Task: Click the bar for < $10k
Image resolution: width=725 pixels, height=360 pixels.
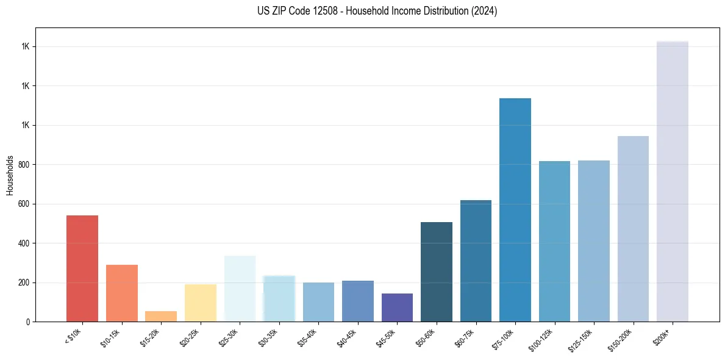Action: point(82,268)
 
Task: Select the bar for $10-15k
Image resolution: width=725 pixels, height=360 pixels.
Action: point(122,293)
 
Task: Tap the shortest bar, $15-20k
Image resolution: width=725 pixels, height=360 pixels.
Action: point(161,316)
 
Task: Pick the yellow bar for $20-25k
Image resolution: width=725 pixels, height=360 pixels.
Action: point(201,303)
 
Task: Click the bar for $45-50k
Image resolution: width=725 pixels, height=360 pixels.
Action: point(397,308)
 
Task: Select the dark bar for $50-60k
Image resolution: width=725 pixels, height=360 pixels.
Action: point(437,272)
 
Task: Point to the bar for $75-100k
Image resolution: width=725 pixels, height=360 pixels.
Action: point(515,210)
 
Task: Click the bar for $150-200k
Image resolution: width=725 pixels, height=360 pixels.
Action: point(633,229)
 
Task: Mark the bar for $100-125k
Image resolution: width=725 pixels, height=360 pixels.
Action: point(554,241)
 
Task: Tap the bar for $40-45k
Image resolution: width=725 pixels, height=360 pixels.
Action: point(358,301)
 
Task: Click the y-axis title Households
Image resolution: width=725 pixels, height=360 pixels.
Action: point(10,175)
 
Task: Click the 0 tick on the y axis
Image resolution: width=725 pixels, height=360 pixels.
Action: point(28,322)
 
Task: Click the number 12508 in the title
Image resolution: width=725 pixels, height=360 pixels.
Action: point(324,11)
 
